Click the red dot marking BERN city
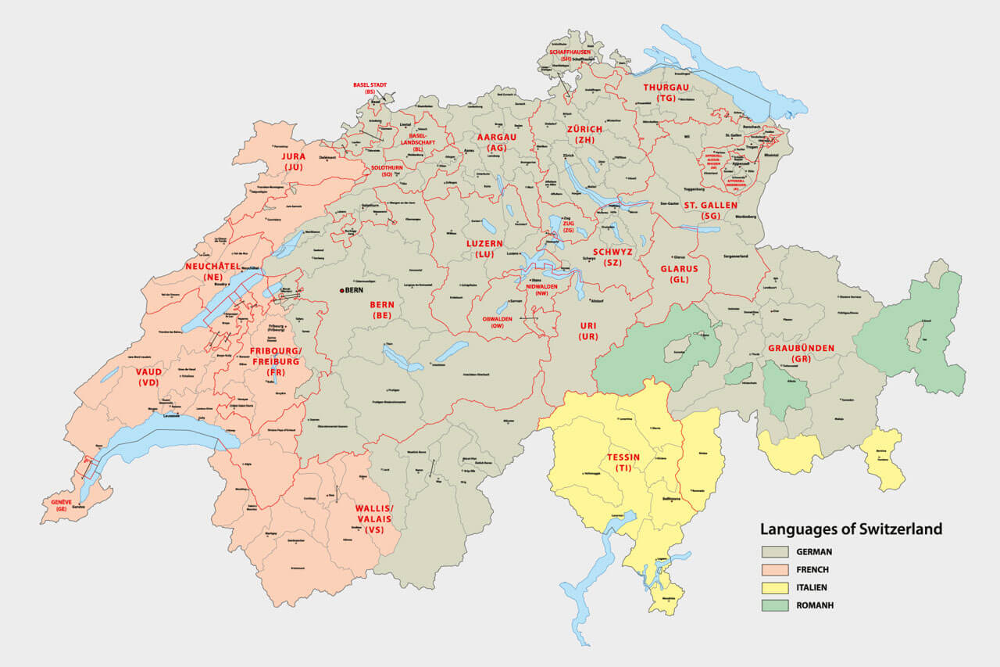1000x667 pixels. tap(341, 291)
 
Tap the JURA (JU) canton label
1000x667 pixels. tap(293, 161)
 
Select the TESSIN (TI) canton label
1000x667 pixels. tap(623, 462)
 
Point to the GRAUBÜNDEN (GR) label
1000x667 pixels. tap(801, 353)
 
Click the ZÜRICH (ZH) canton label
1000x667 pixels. tap(585, 134)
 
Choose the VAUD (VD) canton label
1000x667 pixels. tap(148, 377)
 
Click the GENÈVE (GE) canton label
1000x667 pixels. tap(61, 504)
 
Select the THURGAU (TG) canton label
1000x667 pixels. tap(666, 92)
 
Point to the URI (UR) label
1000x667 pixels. tap(587, 331)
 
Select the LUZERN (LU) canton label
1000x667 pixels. tap(484, 249)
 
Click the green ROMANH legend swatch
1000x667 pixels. tap(775, 605)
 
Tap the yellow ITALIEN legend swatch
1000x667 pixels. tap(775, 587)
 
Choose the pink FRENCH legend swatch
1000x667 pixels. tap(775, 569)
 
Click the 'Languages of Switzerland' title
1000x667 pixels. tap(851, 529)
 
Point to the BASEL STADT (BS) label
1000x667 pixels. tap(370, 88)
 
